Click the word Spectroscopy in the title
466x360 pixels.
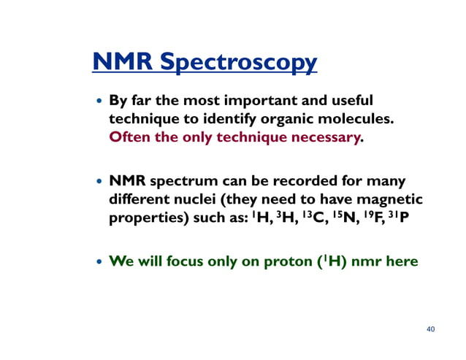click(x=245, y=64)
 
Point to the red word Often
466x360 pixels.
click(x=129, y=137)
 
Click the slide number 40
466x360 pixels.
click(x=430, y=329)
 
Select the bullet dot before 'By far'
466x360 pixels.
click(x=99, y=101)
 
